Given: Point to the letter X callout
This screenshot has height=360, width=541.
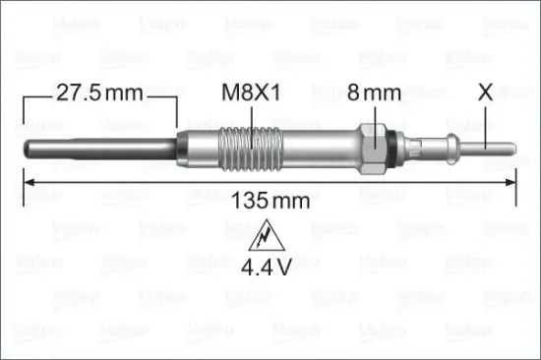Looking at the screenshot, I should tap(485, 93).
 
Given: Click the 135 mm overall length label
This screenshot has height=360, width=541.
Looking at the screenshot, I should tap(270, 201).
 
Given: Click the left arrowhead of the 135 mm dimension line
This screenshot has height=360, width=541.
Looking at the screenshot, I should tap(28, 181).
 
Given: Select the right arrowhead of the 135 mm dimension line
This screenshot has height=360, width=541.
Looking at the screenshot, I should tap(513, 181).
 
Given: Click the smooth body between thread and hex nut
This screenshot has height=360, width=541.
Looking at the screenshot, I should tap(315, 149).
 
